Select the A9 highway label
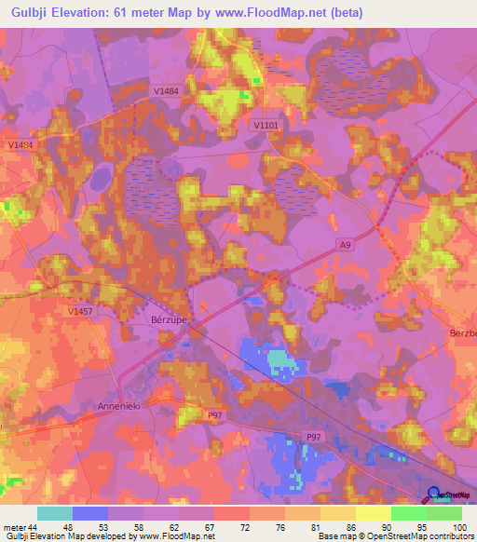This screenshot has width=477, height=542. click(x=345, y=245)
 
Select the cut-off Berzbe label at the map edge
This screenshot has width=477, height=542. click(x=463, y=332)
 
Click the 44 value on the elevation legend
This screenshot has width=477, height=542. click(x=34, y=528)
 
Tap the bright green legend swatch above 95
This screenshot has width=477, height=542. click(x=408, y=513)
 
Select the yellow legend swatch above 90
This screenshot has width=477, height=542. click(x=373, y=513)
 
